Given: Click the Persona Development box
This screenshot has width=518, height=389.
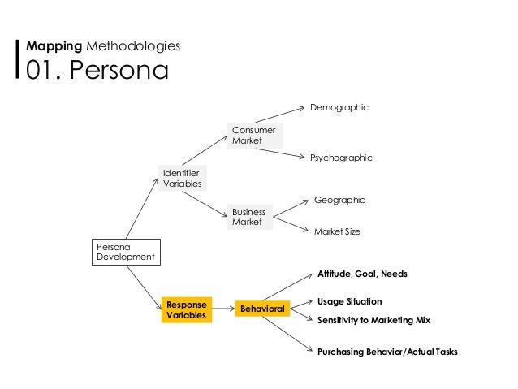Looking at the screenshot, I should (125, 252).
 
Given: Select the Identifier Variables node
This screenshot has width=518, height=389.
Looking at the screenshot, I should (183, 179).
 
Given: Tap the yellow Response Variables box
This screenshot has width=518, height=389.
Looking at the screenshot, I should (187, 309).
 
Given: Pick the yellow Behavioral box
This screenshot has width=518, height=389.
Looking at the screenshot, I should (261, 309).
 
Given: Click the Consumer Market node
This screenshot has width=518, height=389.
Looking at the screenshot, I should (254, 136).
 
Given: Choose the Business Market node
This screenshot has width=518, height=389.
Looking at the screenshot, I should (249, 217).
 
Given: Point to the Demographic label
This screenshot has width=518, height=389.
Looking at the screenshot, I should (339, 107).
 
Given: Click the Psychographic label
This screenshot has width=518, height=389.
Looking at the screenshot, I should (341, 158).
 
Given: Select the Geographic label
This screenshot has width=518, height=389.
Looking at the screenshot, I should (339, 200).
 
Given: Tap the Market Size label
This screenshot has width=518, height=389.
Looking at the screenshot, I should (337, 231).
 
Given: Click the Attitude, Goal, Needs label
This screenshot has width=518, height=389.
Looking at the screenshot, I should (362, 274).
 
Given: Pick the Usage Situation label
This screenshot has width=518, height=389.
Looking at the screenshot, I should (349, 301).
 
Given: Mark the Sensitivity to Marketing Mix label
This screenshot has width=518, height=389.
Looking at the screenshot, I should (373, 320).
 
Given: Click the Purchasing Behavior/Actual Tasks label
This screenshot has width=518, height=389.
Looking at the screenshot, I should (387, 352).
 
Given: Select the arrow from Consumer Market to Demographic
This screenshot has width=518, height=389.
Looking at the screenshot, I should (281, 115).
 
